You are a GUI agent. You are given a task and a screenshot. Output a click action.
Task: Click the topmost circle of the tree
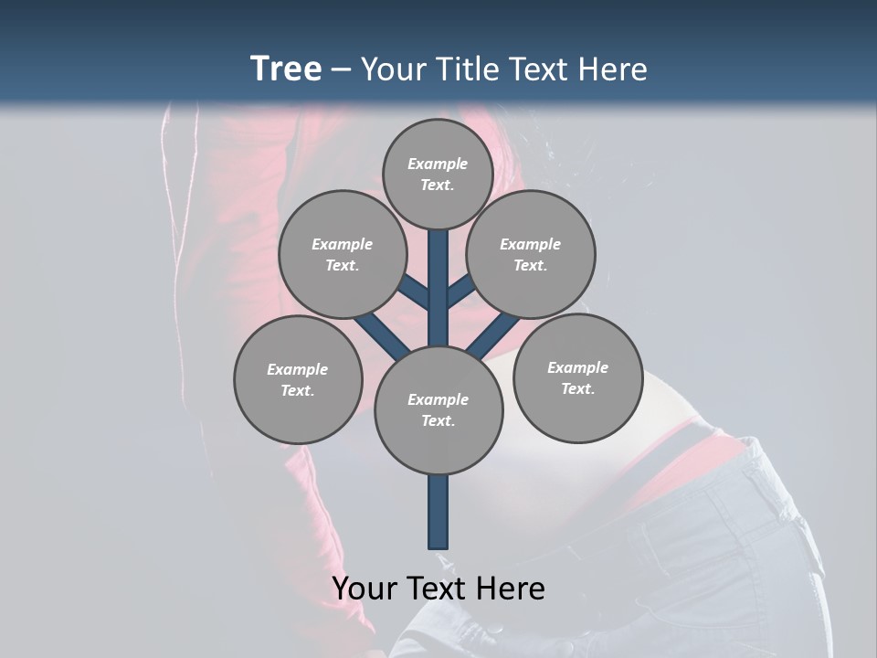[x=438, y=174]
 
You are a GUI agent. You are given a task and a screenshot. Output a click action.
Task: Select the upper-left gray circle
[x=343, y=254]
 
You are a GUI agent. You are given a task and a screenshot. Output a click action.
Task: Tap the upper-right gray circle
[x=531, y=254]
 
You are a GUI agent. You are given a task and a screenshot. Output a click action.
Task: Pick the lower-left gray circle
[x=298, y=379]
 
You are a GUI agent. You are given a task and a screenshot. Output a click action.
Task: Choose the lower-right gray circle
[x=577, y=377]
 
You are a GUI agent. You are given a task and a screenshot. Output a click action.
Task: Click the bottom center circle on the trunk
[x=438, y=410]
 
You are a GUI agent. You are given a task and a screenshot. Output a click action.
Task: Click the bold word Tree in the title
[x=286, y=69]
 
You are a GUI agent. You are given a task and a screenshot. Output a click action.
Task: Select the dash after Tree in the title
[x=341, y=70]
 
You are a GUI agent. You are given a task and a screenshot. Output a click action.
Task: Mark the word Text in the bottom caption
[x=436, y=588]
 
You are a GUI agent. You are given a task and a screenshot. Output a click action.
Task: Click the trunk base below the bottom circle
[x=438, y=512]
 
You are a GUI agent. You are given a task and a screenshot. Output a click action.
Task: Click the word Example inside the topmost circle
[x=438, y=164]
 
